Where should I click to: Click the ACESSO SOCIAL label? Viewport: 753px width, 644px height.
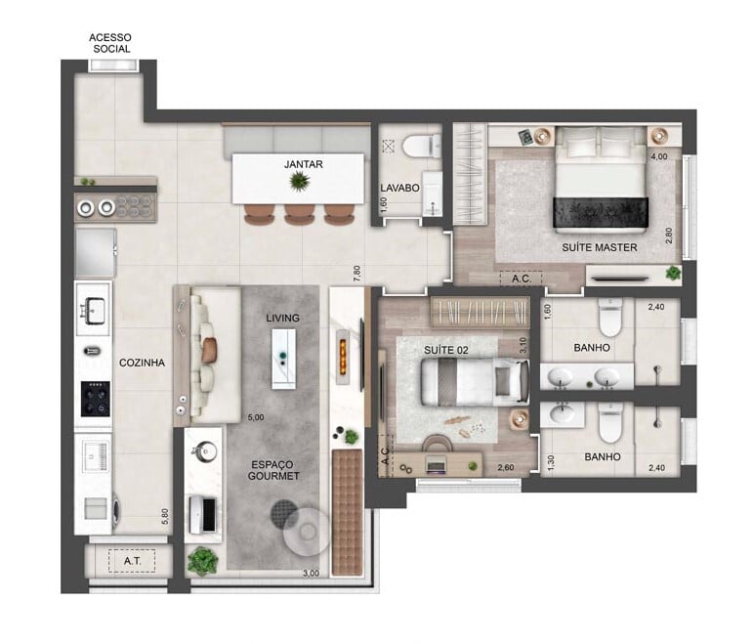coord(110,43)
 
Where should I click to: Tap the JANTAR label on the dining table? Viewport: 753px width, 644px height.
coord(304,164)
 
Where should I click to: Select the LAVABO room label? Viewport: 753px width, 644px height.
coord(399,189)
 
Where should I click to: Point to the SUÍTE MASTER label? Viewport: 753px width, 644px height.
coord(599,247)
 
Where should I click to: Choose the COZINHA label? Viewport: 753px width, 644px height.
coord(142,362)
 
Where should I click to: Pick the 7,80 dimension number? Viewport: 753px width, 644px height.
coord(358,277)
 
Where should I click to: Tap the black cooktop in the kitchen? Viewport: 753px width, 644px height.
coord(95,399)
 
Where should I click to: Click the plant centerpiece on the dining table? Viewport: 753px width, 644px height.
coord(299,181)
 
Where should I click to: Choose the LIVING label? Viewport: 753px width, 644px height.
coord(282,319)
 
